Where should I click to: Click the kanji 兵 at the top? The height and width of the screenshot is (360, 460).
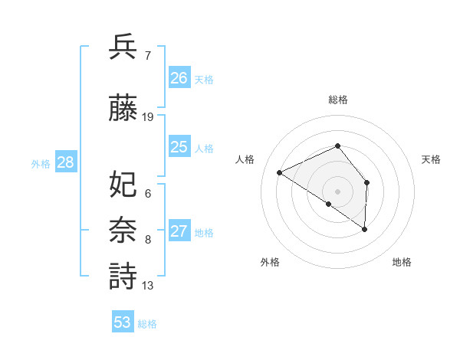pyautogui.click(x=123, y=47)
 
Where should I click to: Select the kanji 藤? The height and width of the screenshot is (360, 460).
pyautogui.click(x=123, y=108)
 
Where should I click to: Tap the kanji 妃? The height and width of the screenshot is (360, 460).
pyautogui.click(x=123, y=184)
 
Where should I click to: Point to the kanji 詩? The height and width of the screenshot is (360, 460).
pyautogui.click(x=123, y=277)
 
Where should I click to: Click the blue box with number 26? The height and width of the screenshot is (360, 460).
pyautogui.click(x=179, y=78)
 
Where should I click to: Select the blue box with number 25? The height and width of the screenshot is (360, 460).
pyautogui.click(x=179, y=147)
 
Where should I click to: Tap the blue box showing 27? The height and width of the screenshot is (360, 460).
pyautogui.click(x=179, y=231)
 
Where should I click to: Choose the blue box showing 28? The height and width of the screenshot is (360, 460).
pyautogui.click(x=65, y=162)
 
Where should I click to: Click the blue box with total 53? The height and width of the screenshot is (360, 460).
pyautogui.click(x=122, y=322)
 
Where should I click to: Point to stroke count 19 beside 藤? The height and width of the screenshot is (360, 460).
pyautogui.click(x=149, y=117)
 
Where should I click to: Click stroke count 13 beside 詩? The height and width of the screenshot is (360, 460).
pyautogui.click(x=148, y=286)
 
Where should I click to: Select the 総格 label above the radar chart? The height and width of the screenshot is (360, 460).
pyautogui.click(x=337, y=100)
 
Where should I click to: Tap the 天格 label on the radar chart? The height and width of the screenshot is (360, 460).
pyautogui.click(x=431, y=159)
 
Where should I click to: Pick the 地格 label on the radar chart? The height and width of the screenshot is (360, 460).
pyautogui.click(x=402, y=262)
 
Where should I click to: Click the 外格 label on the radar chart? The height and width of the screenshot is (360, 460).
pyautogui.click(x=270, y=262)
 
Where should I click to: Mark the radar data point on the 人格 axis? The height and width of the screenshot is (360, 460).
pyautogui.click(x=280, y=172)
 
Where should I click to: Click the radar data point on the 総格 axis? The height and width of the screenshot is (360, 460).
pyautogui.click(x=337, y=146)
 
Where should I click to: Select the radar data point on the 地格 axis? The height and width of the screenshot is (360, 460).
pyautogui.click(x=365, y=229)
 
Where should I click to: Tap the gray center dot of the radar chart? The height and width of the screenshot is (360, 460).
pyautogui.click(x=337, y=191)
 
